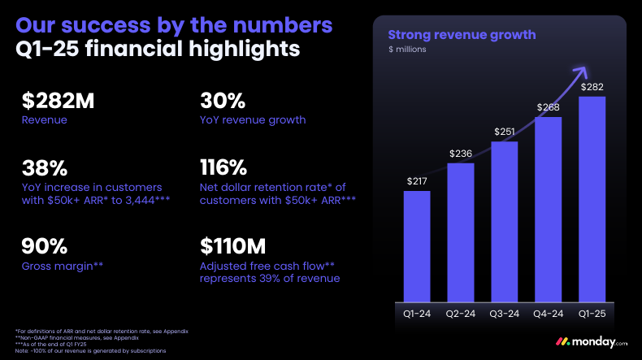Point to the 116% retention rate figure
pos(223,168)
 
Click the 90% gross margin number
pos(45,245)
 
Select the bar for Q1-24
pos(417,244)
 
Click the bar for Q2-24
pos(460,231)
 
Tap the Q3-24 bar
pos(505,219)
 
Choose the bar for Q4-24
pos(549,208)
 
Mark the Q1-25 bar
pos(592,198)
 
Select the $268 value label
pos(549,107)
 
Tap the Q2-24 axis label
pos(460,312)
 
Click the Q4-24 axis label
pos(549,312)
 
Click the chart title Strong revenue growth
pos(462,34)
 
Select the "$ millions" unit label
pos(407,50)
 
